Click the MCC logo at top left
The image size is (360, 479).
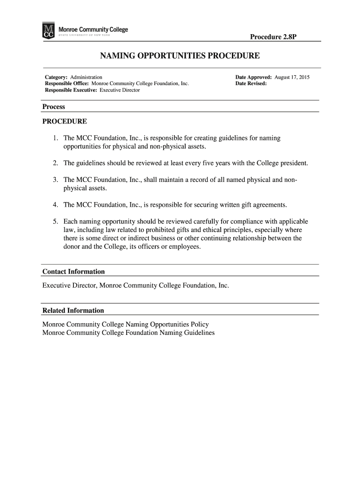click(49, 31)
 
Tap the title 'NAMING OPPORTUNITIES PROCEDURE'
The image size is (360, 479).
click(180, 56)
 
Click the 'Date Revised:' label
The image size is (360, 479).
click(251, 84)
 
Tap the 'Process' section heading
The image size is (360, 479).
click(54, 107)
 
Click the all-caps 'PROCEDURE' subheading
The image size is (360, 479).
click(65, 122)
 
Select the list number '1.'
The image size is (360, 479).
click(56, 138)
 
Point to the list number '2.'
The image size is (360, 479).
click(56, 163)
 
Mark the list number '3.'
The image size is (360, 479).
click(56, 180)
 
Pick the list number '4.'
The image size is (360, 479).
click(56, 205)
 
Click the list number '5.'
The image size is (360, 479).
click(56, 221)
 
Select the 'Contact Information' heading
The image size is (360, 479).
click(73, 272)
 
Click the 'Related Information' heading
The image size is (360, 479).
click(73, 311)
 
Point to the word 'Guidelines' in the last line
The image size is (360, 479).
click(198, 333)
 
